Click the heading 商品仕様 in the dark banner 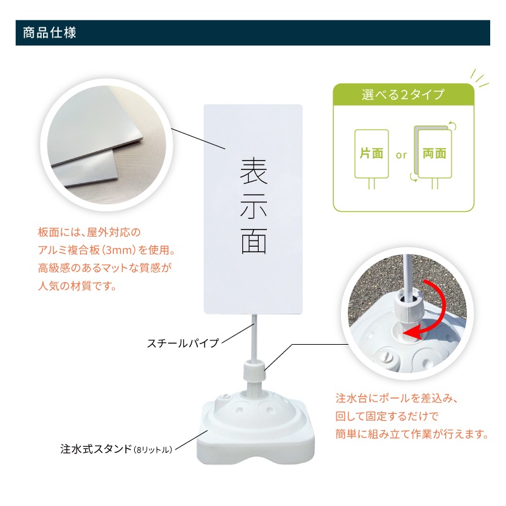[x=49, y=33]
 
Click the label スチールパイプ [x=183, y=343]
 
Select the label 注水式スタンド [x=92, y=450]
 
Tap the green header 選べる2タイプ [x=403, y=96]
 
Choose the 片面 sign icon [x=371, y=154]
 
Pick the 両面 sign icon [x=434, y=154]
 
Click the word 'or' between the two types [x=402, y=154]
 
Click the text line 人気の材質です [x=78, y=286]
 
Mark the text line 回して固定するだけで [x=386, y=417]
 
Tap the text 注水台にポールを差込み [x=395, y=399]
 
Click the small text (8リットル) [x=152, y=450]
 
